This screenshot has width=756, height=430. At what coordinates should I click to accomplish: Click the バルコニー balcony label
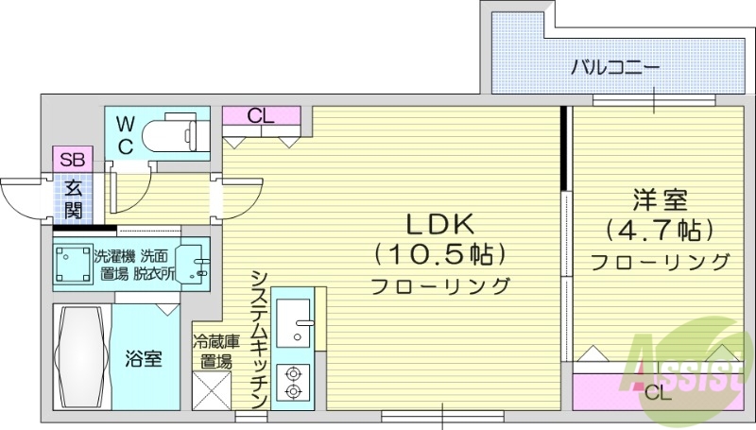click(x=614, y=68)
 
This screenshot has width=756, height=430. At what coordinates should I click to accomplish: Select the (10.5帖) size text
click(x=441, y=254)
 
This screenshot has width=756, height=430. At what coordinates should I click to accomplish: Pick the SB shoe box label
click(x=71, y=159)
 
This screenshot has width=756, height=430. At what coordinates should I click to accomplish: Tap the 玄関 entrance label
click(x=72, y=197)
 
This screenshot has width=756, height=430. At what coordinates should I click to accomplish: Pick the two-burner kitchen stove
click(x=294, y=381)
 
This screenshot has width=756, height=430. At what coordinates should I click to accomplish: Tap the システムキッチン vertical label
click(x=259, y=331)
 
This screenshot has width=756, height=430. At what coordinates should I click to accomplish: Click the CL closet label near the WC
click(x=262, y=117)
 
